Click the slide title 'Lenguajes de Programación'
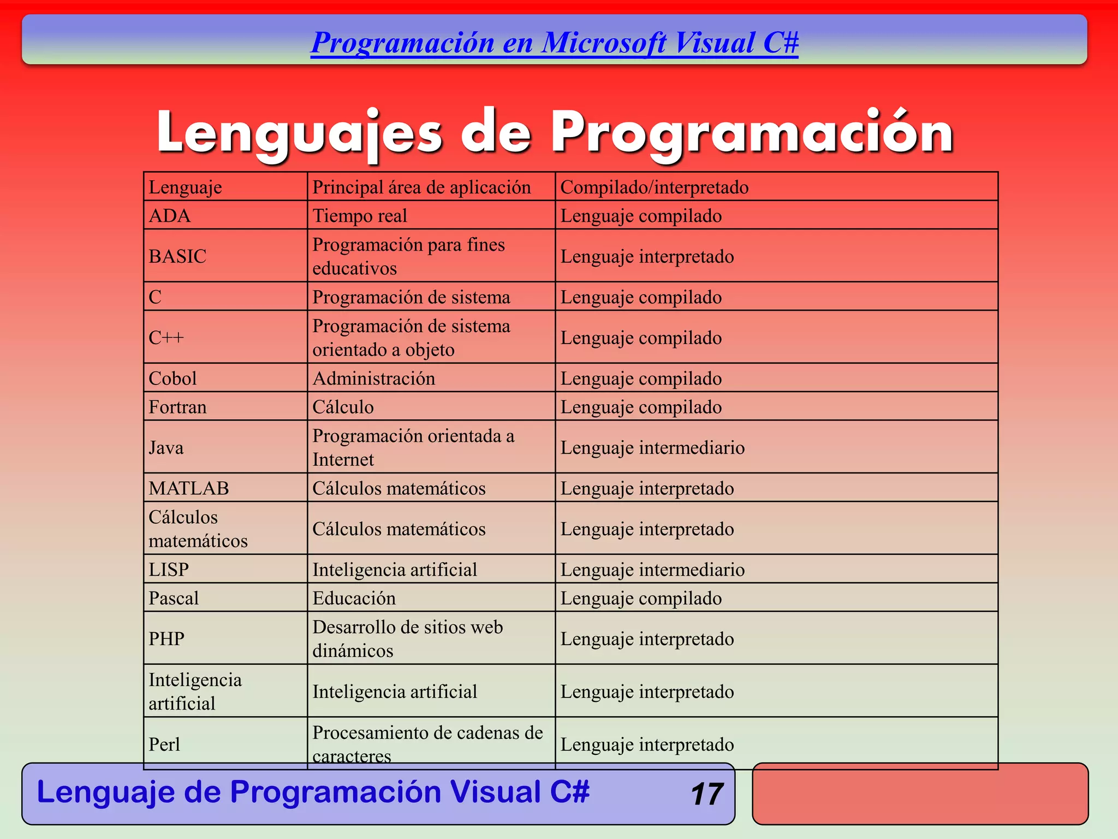[x=555, y=133]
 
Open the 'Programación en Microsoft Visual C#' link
[x=554, y=43]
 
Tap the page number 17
[x=706, y=794]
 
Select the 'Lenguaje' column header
[x=186, y=187]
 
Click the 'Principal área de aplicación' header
[x=421, y=187]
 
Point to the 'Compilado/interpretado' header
[x=655, y=187]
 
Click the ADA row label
[x=170, y=216]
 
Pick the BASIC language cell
[x=177, y=256]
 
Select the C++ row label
[x=166, y=338]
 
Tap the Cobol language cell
[x=173, y=378]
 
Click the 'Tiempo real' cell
[x=360, y=216]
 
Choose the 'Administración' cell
[x=374, y=378]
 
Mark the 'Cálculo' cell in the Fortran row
[x=343, y=407]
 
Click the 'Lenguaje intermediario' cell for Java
[x=652, y=448]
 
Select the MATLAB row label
[x=189, y=488]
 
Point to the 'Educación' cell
[x=354, y=598]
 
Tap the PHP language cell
[x=166, y=639]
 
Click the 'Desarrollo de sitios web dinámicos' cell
[x=407, y=639]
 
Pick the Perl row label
[x=164, y=744]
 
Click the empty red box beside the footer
[x=920, y=794]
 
